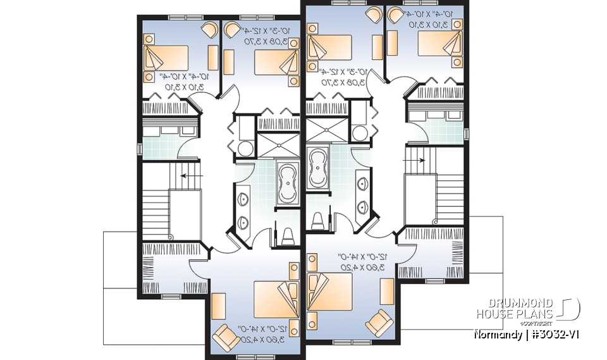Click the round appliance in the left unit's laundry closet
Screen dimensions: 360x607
coord(244,149)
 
